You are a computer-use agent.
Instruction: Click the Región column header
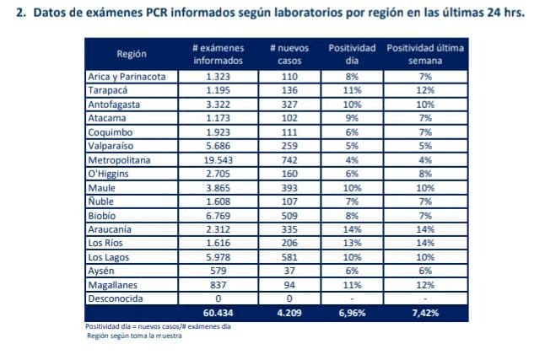tap(131, 54)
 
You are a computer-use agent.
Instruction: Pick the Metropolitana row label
tap(121, 159)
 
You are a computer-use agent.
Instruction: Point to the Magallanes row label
tap(115, 284)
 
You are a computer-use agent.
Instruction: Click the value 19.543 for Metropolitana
tap(218, 159)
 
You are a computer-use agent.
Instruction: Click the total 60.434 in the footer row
tap(218, 314)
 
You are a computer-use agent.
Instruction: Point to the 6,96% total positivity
tap(352, 314)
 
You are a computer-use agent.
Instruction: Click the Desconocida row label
tap(116, 298)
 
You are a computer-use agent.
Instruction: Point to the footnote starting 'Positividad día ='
tap(136, 326)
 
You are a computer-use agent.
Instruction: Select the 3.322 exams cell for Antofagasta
tap(218, 104)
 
